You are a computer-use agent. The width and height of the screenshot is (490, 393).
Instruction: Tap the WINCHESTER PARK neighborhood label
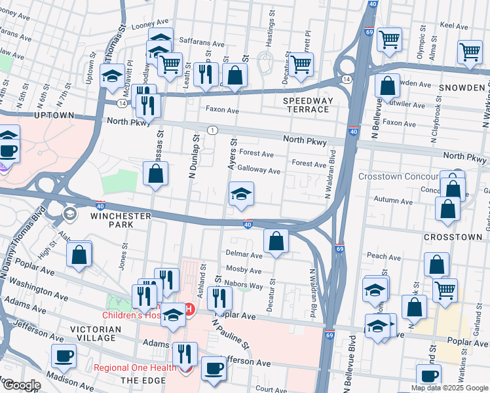tap(113, 219)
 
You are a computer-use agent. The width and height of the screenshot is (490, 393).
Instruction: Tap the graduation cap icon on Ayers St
tap(241, 195)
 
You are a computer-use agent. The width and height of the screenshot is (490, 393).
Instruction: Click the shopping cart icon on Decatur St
tap(301, 64)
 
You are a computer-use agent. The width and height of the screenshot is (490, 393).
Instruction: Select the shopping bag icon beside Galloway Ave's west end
tap(155, 174)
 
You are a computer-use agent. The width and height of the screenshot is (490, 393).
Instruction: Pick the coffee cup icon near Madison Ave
tap(64, 356)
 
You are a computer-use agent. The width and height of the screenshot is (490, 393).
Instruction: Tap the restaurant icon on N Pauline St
tap(219, 298)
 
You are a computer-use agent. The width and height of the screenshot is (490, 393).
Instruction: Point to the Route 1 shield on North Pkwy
tap(213, 130)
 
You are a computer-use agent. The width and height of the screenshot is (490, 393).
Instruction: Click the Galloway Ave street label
tap(259, 171)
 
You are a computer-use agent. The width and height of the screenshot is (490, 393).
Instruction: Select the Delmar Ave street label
tap(243, 254)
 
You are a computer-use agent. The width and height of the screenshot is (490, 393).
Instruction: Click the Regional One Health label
tap(135, 367)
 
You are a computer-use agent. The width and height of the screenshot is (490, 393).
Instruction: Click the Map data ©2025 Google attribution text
tap(449, 388)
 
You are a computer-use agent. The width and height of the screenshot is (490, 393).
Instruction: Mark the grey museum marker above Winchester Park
tap(69, 214)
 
